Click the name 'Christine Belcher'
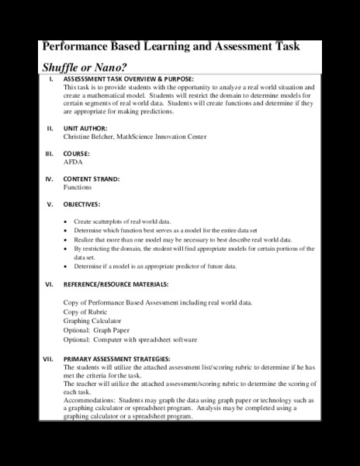tap(88, 137)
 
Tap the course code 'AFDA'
tap(73, 164)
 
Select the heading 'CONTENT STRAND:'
tap(92, 178)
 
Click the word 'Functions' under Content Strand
tap(78, 187)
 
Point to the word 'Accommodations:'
tap(89, 401)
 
